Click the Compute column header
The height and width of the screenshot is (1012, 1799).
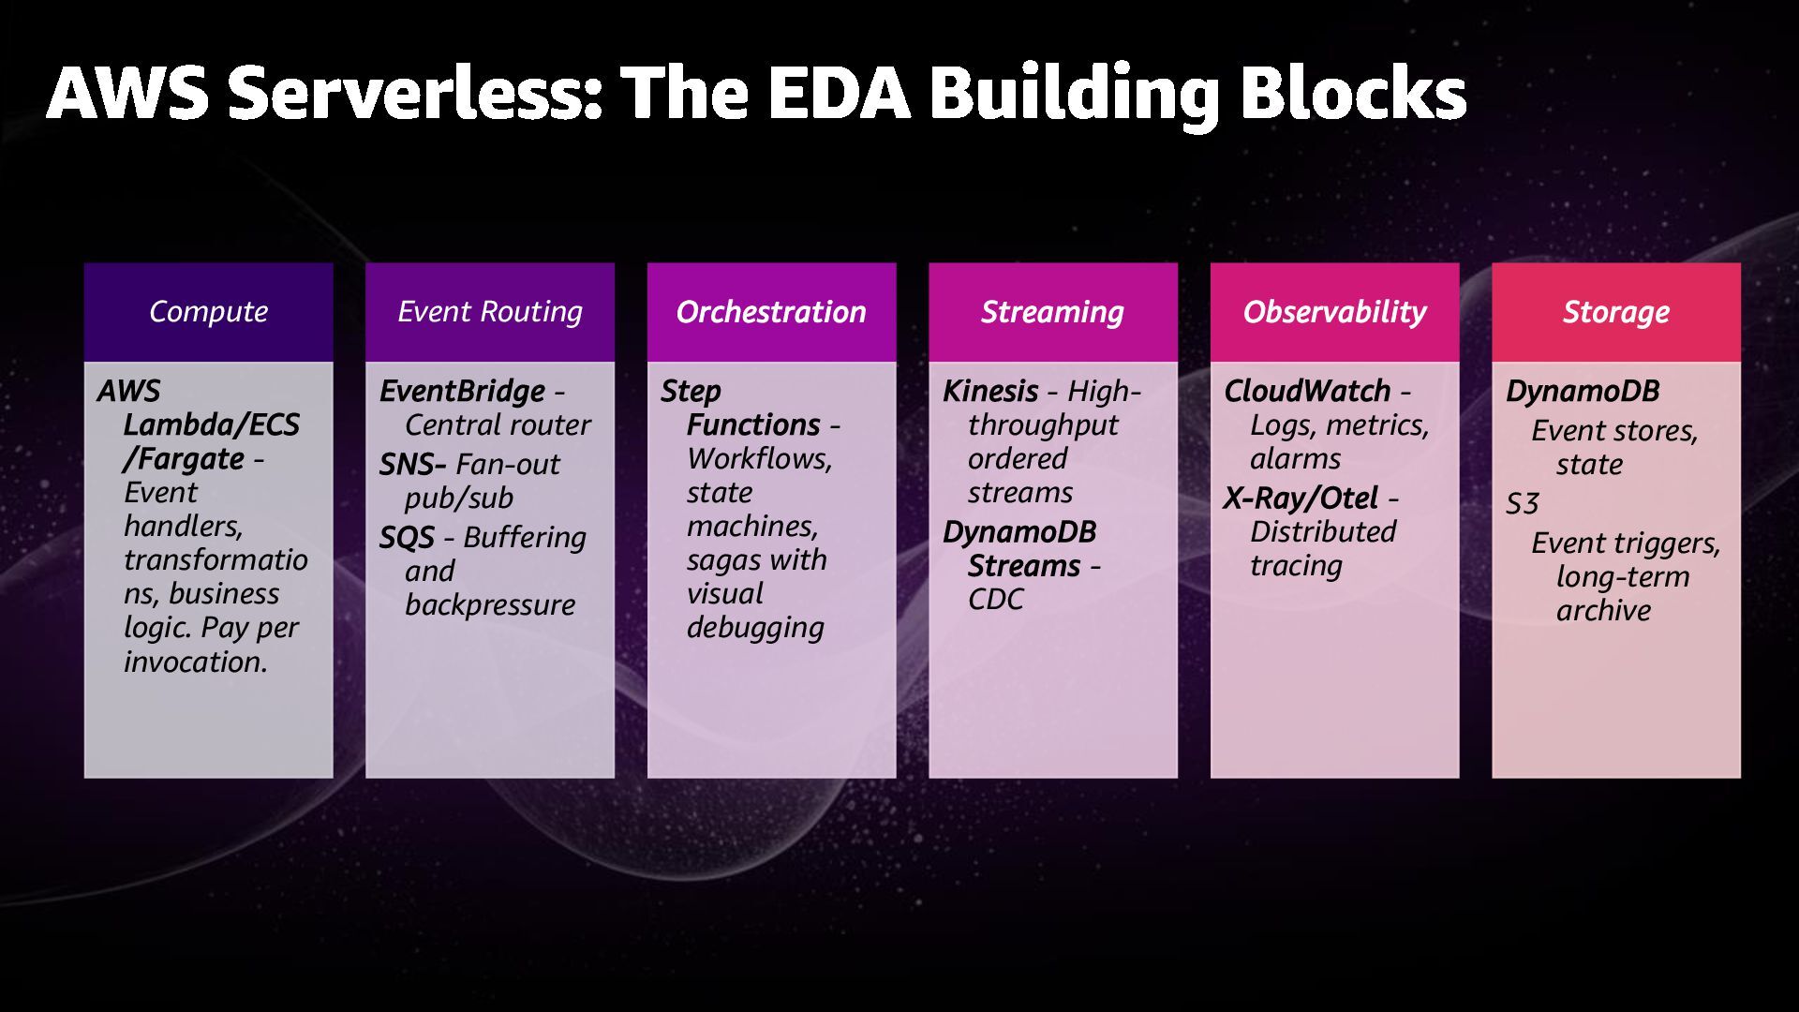(x=208, y=312)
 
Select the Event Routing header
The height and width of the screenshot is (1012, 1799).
(x=490, y=312)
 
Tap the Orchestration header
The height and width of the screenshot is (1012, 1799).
(x=771, y=312)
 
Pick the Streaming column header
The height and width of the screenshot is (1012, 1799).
(x=1052, y=312)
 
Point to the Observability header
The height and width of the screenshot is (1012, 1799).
(x=1334, y=312)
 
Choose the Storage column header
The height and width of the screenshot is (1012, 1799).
(x=1615, y=312)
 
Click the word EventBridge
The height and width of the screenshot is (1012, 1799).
(x=462, y=391)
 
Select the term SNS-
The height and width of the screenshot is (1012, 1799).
(x=412, y=465)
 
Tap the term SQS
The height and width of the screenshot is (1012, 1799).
(x=407, y=538)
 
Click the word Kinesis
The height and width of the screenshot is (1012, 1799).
(x=990, y=391)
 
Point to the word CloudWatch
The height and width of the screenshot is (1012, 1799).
(x=1307, y=391)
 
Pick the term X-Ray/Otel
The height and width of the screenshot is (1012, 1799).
(x=1301, y=498)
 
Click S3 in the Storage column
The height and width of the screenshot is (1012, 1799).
(x=1522, y=504)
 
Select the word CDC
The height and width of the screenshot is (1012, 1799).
(x=996, y=600)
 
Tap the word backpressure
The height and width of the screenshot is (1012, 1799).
(x=490, y=605)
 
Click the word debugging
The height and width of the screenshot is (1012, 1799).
(x=755, y=628)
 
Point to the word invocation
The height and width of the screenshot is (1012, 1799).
(x=195, y=662)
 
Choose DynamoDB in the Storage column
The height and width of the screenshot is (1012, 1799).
(x=1583, y=391)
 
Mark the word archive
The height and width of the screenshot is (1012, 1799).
(x=1603, y=611)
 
